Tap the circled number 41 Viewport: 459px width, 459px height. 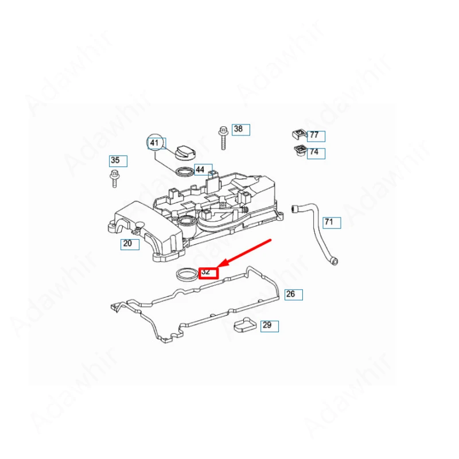(x=155, y=143)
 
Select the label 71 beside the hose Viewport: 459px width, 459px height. (x=331, y=222)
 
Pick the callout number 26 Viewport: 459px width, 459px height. (x=293, y=295)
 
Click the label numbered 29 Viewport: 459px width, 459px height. (x=269, y=326)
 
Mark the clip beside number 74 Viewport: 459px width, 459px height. (x=298, y=151)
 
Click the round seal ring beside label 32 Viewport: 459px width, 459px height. (x=186, y=274)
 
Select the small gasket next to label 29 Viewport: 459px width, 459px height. (x=243, y=327)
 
